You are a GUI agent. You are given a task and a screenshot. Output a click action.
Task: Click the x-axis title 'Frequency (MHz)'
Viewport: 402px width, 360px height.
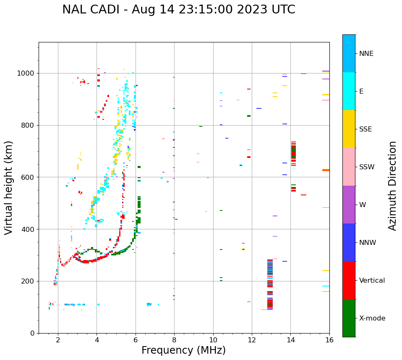pyautogui.click(x=183, y=350)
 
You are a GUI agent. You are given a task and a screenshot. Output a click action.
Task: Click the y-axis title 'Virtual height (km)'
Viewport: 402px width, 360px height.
pyautogui.click(x=9, y=187)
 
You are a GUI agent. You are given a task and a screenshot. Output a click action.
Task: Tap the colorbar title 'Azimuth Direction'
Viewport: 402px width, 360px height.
pyautogui.click(x=392, y=185)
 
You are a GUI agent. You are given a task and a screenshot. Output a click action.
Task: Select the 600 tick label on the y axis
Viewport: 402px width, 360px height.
pyautogui.click(x=29, y=177)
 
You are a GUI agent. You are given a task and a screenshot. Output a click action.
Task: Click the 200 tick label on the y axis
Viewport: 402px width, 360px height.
pyautogui.click(x=29, y=281)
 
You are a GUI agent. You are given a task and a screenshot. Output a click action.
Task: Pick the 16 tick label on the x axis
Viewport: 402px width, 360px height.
pyautogui.click(x=329, y=340)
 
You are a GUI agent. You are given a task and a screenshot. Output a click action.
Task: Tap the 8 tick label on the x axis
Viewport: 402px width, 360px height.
pyautogui.click(x=174, y=340)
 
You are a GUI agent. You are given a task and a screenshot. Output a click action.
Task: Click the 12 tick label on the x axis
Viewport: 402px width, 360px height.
pyautogui.click(x=252, y=340)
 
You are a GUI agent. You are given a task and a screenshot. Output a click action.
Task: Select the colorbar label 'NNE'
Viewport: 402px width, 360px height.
pyautogui.click(x=366, y=54)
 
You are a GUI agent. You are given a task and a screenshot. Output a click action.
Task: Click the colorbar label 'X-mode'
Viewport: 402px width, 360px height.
pyautogui.click(x=372, y=318)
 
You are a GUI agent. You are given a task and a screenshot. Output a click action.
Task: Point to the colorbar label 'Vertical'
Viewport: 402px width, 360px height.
pyautogui.click(x=372, y=281)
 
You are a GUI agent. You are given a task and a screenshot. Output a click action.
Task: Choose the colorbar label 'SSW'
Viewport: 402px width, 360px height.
pyautogui.click(x=367, y=167)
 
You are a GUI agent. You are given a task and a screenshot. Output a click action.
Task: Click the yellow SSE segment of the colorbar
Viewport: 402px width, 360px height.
pyautogui.click(x=349, y=129)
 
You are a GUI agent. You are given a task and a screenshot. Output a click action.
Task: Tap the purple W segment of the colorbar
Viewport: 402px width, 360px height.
pyautogui.click(x=349, y=205)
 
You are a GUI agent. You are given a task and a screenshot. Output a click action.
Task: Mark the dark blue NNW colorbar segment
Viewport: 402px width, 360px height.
pyautogui.click(x=349, y=242)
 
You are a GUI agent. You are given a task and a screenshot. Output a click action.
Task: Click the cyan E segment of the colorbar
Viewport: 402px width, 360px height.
pyautogui.click(x=349, y=91)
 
